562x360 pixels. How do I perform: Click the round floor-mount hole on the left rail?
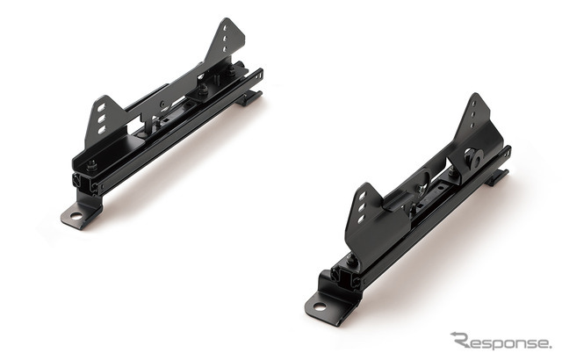pyautogui.click(x=76, y=216)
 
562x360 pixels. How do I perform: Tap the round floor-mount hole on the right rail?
pyautogui.click(x=319, y=307)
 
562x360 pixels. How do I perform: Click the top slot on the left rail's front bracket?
pyautogui.click(x=102, y=108)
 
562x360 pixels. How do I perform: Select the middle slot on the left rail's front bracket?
pyautogui.click(x=102, y=119)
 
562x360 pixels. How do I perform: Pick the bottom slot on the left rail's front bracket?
pyautogui.click(x=102, y=130)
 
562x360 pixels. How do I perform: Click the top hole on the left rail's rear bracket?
pyautogui.click(x=225, y=27)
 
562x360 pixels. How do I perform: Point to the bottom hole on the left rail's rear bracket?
pyautogui.click(x=225, y=48)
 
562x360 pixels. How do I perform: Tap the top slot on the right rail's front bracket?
pyautogui.click(x=362, y=197)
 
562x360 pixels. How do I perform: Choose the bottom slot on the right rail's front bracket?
pyautogui.click(x=361, y=219)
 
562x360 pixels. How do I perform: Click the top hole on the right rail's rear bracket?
pyautogui.click(x=474, y=104)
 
